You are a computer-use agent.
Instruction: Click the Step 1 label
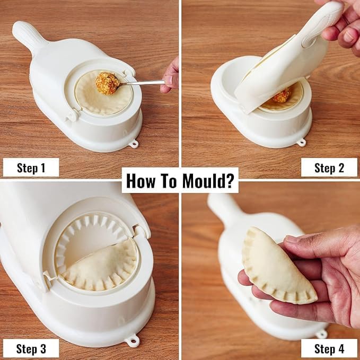[31, 168]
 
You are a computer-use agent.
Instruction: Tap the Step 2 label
[329, 168]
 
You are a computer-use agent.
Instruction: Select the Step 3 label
[31, 348]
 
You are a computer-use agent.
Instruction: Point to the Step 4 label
[329, 348]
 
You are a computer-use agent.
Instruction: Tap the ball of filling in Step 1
[107, 83]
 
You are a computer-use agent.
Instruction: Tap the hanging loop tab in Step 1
[133, 143]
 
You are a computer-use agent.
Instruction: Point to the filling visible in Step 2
[282, 95]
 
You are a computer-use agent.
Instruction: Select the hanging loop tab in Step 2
[302, 142]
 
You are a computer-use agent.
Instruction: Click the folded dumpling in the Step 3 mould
[98, 265]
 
